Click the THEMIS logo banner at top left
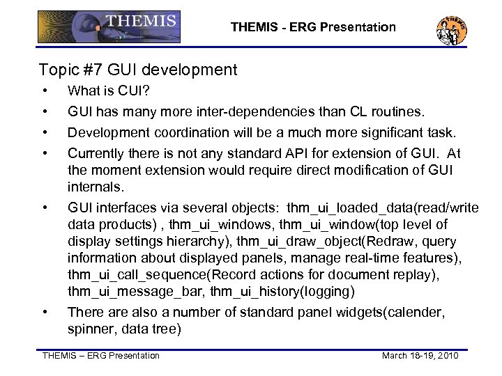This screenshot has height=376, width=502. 108,28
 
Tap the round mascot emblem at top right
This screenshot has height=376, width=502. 451,29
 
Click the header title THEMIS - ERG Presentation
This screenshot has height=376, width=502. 313,28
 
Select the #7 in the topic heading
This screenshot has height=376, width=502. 91,70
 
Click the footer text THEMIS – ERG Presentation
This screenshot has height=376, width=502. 101,357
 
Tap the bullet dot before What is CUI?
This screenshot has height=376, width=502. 45,91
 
